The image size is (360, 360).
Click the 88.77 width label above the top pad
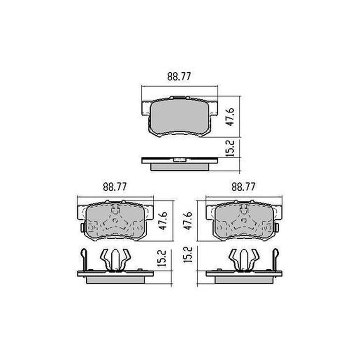click(179, 77)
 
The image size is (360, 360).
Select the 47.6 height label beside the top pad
click(229, 117)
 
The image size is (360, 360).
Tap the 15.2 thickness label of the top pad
click(230, 148)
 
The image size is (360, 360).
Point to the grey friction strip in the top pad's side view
click(179, 166)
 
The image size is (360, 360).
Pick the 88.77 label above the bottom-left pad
click(115, 187)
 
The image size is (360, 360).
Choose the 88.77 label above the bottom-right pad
click(243, 187)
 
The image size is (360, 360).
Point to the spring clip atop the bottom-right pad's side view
click(244, 259)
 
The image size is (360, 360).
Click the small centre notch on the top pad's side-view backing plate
click(179, 160)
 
